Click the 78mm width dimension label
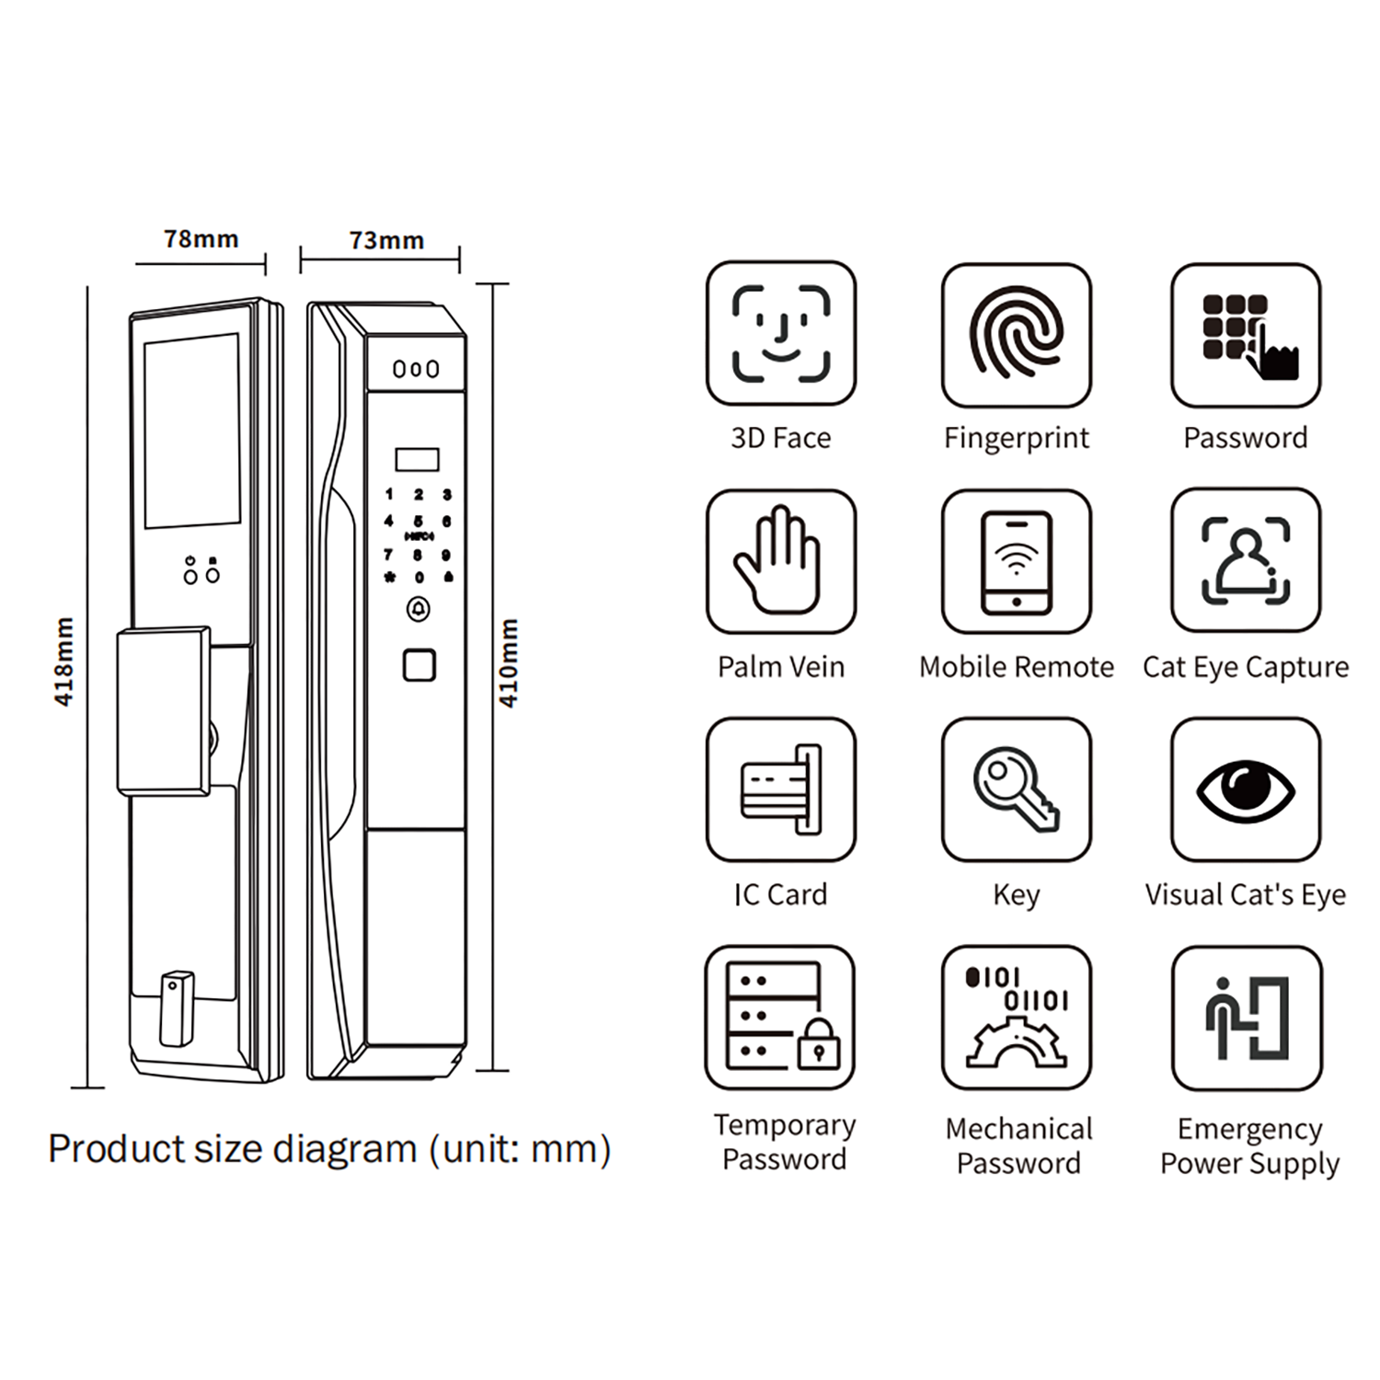(x=201, y=239)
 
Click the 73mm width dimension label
(x=386, y=241)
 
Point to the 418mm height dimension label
(x=63, y=661)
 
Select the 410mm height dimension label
(x=508, y=662)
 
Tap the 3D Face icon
(x=781, y=333)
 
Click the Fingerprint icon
(x=1016, y=335)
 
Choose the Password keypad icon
(x=1246, y=335)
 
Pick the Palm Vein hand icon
(x=781, y=561)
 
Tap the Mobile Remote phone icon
(x=1016, y=561)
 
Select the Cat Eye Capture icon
(x=1246, y=560)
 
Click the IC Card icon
(x=781, y=789)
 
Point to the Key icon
(x=1016, y=789)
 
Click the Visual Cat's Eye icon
(x=1246, y=789)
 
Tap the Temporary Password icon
(x=780, y=1018)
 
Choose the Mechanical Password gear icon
(x=1016, y=1018)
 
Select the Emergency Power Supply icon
(x=1247, y=1018)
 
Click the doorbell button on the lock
(x=419, y=609)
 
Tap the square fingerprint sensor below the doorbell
(x=420, y=665)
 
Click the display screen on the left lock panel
(x=191, y=431)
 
